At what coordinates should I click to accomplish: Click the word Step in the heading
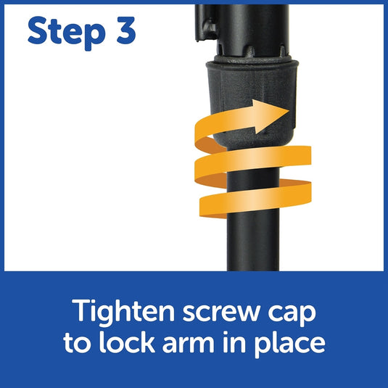67,33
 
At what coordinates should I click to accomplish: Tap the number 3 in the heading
126,30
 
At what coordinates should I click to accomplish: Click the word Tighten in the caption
123,313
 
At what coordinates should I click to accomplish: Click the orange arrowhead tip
289,111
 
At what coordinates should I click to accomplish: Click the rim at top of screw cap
252,63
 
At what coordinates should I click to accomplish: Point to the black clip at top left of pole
205,23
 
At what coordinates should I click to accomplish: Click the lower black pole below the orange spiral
253,244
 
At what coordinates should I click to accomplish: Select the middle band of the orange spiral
252,160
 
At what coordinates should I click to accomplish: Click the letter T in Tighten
82,310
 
